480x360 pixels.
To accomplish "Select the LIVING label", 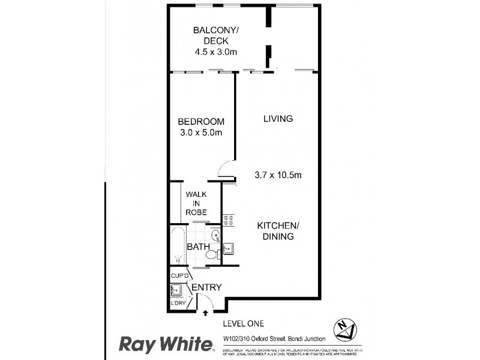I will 278,119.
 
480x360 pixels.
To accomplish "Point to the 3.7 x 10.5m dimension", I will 278,175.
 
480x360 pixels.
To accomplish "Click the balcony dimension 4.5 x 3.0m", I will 216,52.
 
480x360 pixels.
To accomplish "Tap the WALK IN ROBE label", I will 196,203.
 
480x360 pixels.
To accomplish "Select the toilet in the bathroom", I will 211,256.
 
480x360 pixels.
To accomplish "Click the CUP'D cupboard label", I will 179,276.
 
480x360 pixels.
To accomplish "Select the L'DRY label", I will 178,303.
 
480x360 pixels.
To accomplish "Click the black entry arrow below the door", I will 207,312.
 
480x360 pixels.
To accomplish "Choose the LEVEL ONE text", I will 241,324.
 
